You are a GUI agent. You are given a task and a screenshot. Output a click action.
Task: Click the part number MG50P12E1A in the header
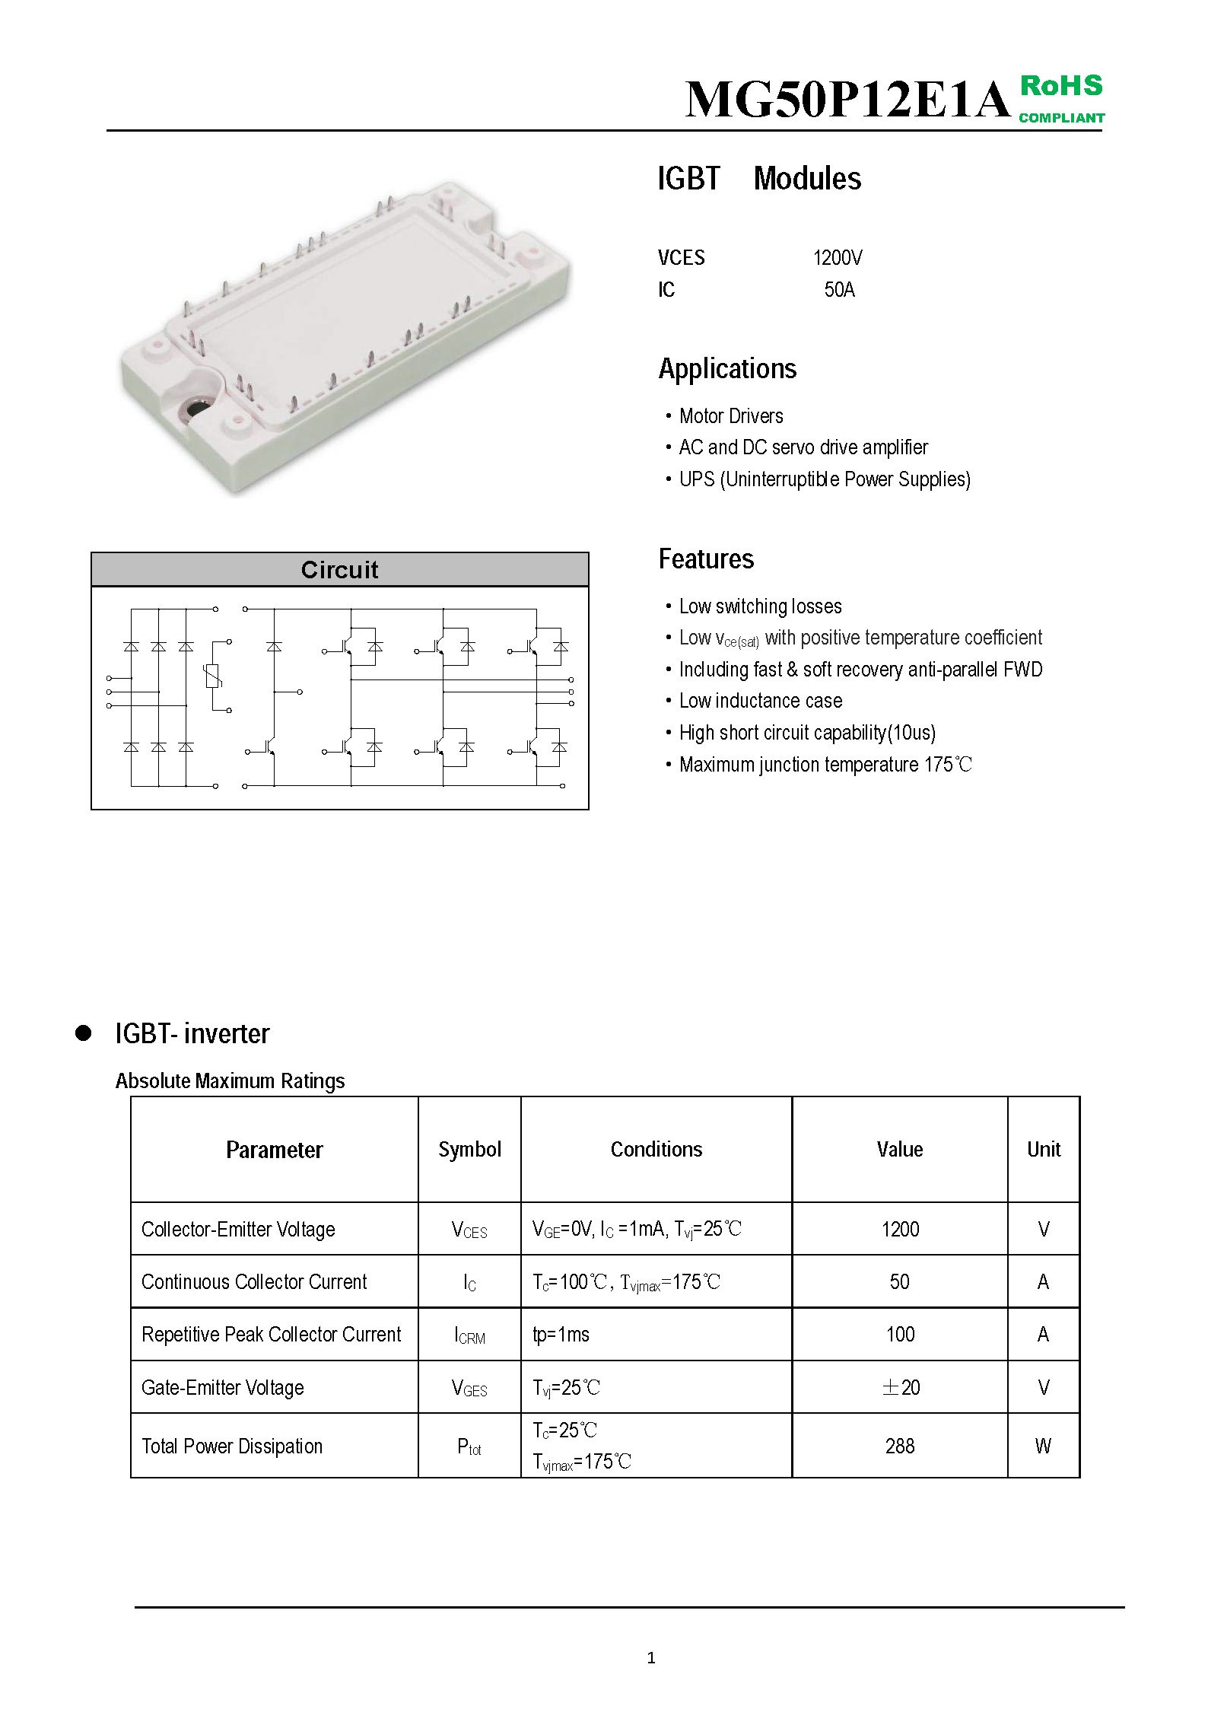pos(847,100)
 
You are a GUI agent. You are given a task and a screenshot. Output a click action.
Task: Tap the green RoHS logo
pos(1061,97)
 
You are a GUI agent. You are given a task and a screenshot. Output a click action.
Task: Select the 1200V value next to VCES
pos(837,258)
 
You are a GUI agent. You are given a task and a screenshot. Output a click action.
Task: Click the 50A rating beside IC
pos(839,290)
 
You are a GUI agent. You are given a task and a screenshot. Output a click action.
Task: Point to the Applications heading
pos(727,369)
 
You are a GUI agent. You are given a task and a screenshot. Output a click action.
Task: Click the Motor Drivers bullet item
pos(730,416)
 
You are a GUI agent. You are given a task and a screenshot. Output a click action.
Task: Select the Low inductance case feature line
pos(760,701)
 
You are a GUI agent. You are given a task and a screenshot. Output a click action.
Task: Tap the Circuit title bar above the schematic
pos(339,569)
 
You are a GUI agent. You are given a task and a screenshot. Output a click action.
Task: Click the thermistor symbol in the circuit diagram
pos(213,676)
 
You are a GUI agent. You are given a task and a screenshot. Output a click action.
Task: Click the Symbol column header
pos(469,1149)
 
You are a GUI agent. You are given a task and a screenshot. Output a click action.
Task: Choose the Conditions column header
pos(656,1149)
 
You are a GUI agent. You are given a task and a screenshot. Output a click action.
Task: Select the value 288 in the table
pos(899,1446)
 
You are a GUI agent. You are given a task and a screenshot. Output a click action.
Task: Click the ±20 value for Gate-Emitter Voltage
pos(900,1387)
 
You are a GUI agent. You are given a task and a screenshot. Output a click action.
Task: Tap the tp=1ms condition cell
pos(561,1335)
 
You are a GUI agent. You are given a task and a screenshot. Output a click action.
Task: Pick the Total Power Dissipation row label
pos(232,1446)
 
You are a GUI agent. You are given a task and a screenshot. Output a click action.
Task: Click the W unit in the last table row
pos(1043,1446)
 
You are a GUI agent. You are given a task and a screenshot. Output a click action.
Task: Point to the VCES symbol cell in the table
pos(469,1230)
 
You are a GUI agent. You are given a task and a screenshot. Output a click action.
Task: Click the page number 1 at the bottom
pos(650,1657)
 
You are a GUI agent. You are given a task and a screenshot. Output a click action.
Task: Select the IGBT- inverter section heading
pos(192,1033)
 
